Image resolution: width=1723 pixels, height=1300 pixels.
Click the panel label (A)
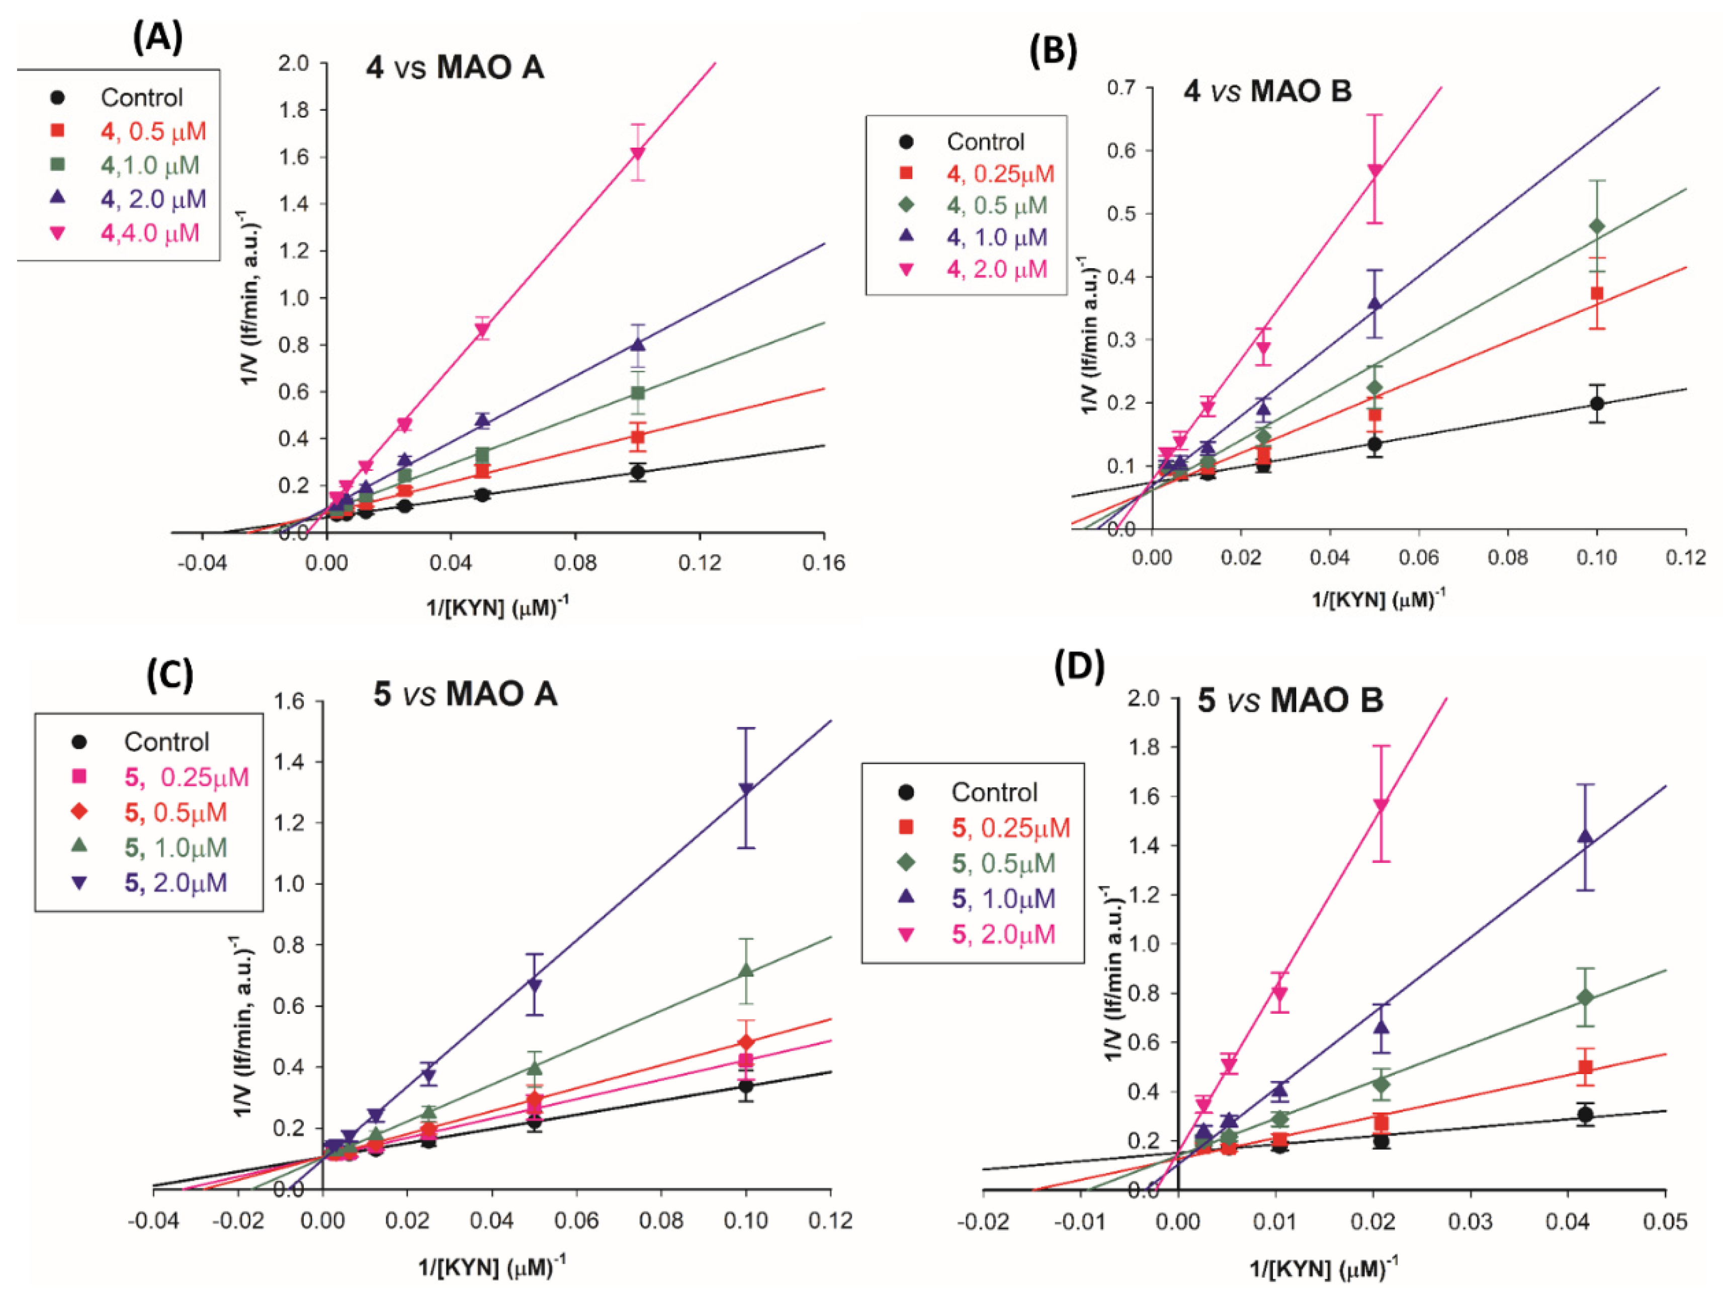point(157,37)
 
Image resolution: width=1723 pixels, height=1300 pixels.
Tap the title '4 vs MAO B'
point(1267,91)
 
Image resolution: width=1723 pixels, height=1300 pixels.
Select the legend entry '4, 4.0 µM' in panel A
point(149,232)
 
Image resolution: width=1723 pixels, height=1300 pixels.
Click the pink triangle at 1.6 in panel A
point(638,153)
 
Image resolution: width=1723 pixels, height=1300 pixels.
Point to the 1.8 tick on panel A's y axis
point(293,110)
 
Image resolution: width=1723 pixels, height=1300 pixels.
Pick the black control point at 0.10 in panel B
point(1597,403)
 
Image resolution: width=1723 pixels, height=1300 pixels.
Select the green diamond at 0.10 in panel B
point(1597,227)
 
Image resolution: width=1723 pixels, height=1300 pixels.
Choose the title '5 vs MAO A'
point(465,694)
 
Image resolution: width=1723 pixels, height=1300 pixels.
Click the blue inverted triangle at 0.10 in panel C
point(746,789)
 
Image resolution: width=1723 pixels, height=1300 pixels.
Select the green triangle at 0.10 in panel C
point(746,970)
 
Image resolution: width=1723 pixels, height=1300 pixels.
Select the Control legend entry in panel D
point(994,792)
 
